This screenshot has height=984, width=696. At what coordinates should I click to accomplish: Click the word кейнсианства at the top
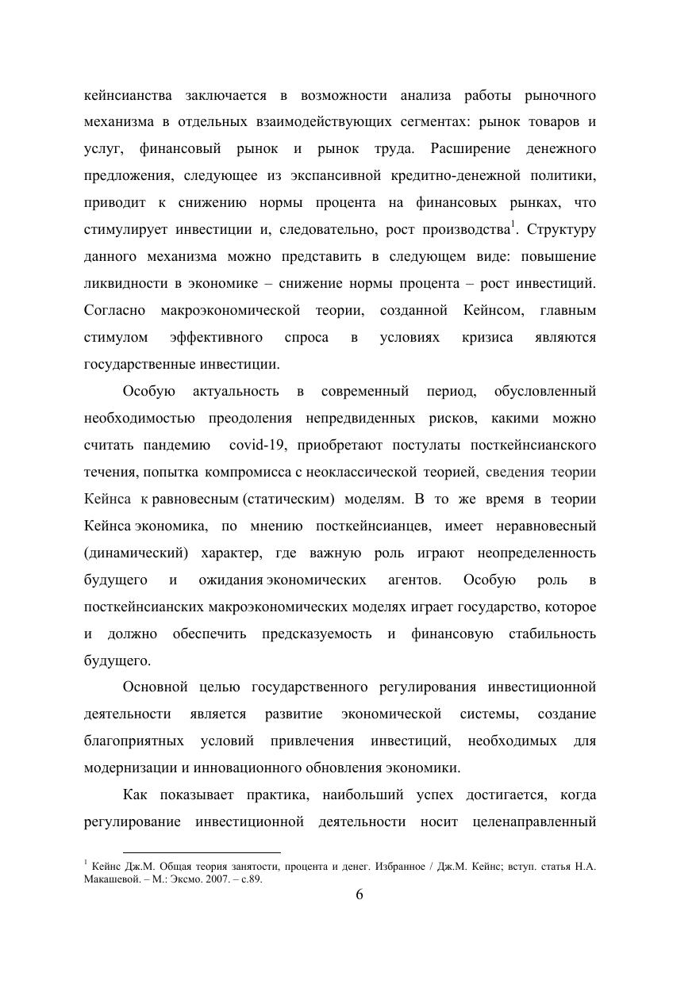(128, 96)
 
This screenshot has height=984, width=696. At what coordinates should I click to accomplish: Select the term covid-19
(263, 445)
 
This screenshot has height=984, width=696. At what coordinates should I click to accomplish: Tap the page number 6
(359, 894)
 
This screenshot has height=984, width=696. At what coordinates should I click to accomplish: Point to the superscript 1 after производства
(513, 225)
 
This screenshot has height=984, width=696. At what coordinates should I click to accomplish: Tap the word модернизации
(132, 768)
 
